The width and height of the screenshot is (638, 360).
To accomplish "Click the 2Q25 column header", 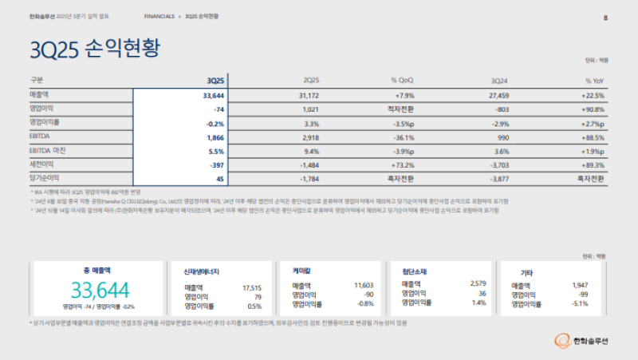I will tap(310, 81).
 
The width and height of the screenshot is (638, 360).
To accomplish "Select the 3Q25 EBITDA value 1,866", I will tap(214, 136).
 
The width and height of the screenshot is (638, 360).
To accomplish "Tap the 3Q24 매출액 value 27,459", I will tap(498, 95).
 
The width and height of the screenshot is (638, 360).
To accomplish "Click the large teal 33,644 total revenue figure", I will tap(100, 290).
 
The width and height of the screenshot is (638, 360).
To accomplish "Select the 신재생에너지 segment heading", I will tap(203, 271).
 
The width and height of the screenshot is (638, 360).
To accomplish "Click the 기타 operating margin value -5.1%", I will tap(579, 303).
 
